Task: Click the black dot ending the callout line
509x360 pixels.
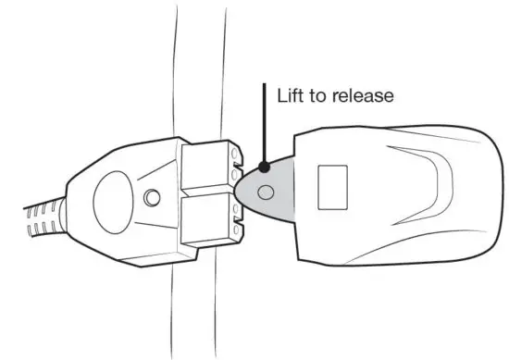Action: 265,168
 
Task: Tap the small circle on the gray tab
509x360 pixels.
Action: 267,192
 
